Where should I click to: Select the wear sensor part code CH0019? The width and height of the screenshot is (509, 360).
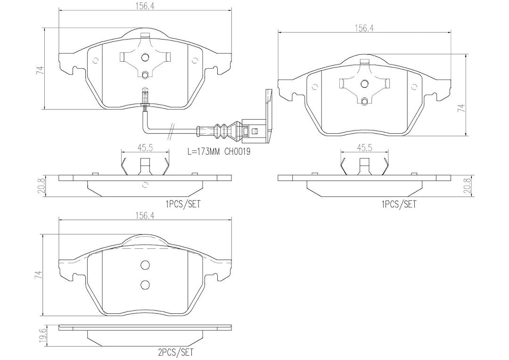[x=238, y=152]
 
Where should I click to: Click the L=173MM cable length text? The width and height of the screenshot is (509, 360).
[x=205, y=152]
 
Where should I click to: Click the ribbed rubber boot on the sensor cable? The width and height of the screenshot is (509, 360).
[x=225, y=131]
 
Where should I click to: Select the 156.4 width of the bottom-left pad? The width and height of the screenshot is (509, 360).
[x=145, y=215]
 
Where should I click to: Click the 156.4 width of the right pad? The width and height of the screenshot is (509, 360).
[x=364, y=28]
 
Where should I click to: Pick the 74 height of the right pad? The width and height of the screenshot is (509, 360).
[x=461, y=108]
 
